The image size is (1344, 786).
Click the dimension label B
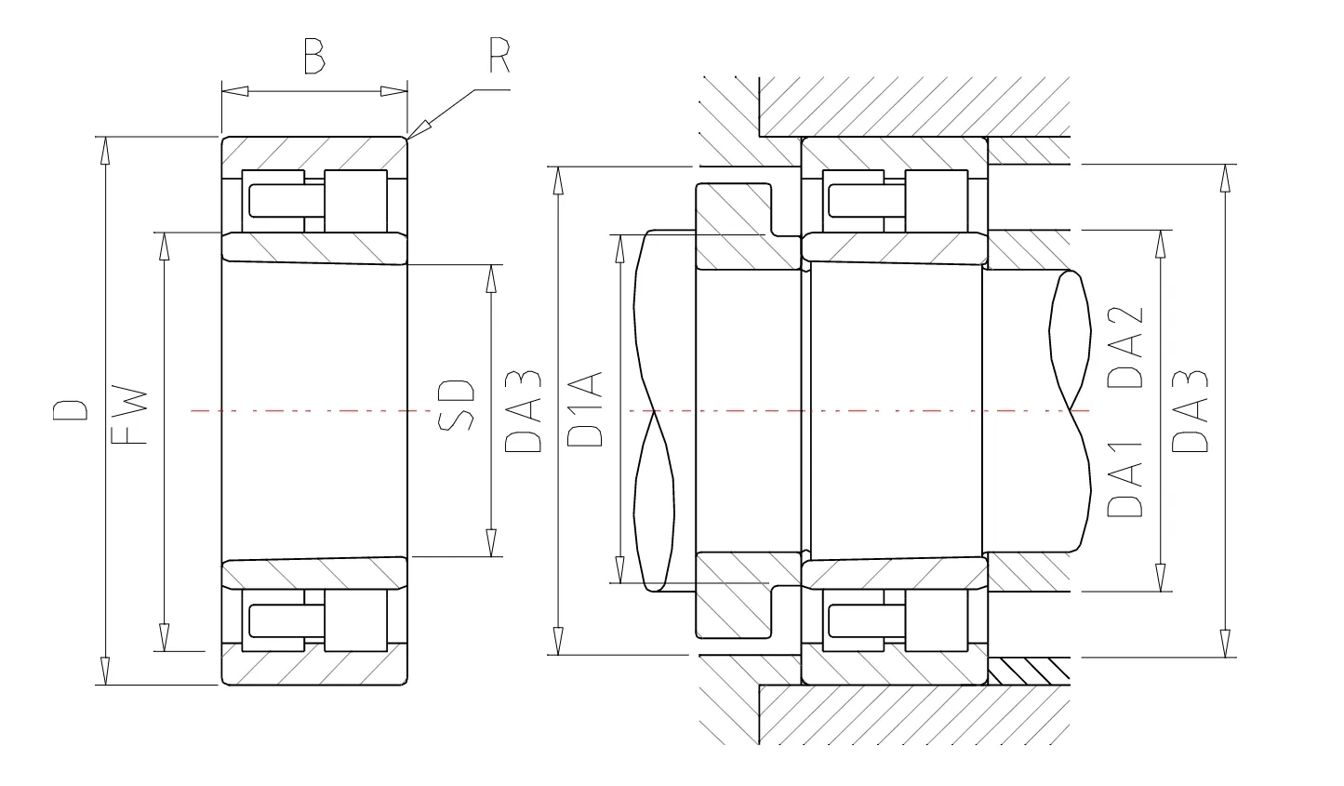click(314, 57)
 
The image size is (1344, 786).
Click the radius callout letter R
click(499, 55)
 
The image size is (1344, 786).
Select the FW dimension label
click(129, 415)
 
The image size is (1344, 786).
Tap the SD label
click(457, 405)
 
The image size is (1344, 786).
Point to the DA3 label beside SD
click(524, 411)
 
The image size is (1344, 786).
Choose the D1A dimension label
click(584, 409)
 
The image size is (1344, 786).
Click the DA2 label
click(1125, 347)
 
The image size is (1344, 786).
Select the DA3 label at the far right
click(1190, 411)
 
